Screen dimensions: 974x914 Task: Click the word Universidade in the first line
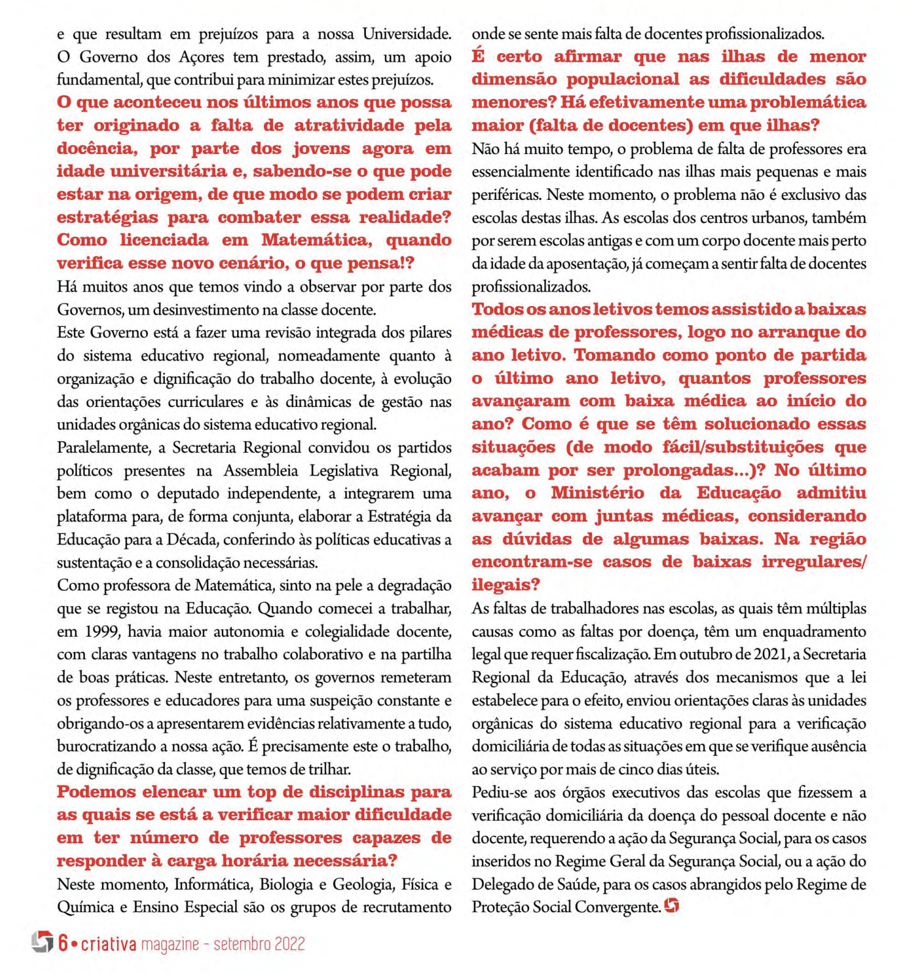point(407,34)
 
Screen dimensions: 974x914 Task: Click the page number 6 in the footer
point(64,943)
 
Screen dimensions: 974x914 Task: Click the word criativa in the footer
point(109,944)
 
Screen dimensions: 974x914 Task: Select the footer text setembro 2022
point(259,944)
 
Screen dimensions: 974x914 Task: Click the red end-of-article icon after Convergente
point(671,906)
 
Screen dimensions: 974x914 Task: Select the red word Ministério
point(597,493)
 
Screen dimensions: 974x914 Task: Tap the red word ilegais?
point(506,585)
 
